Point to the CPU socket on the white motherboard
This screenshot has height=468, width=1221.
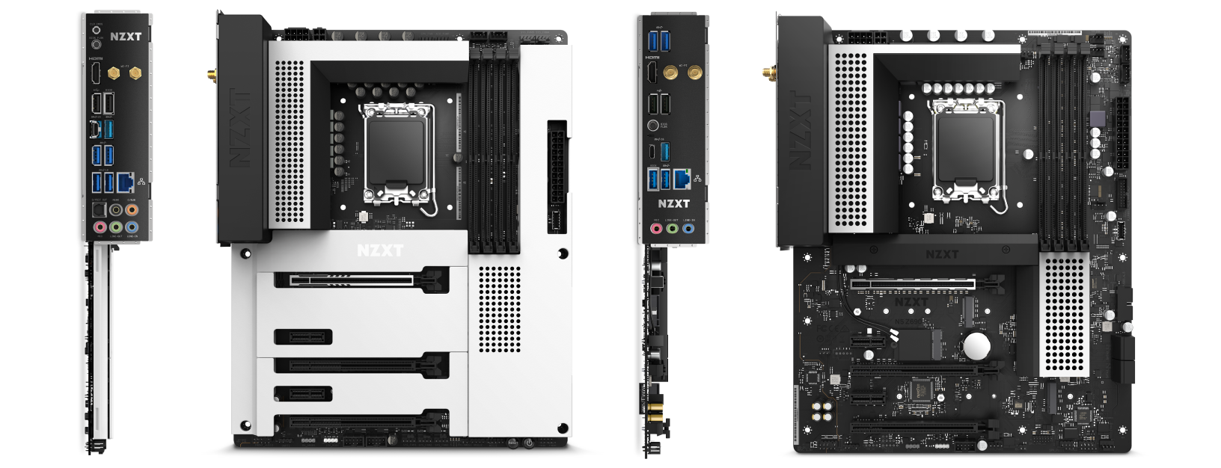click(x=394, y=158)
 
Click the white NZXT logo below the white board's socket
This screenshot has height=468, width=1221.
click(x=380, y=250)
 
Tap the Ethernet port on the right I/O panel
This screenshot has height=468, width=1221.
click(x=682, y=179)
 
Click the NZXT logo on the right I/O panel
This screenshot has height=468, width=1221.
click(x=673, y=202)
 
